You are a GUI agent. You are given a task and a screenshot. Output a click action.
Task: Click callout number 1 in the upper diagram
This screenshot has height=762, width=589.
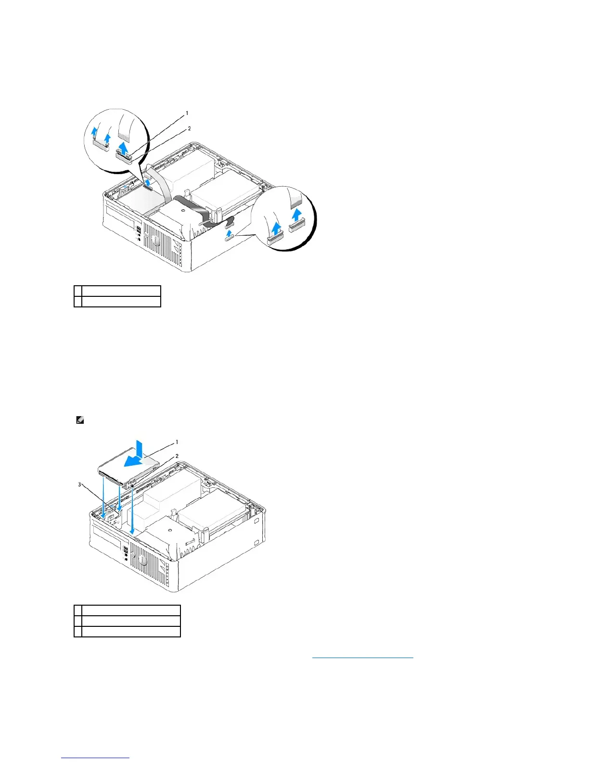click(x=187, y=114)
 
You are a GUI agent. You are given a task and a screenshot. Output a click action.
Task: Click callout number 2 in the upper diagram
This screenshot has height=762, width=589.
click(x=190, y=129)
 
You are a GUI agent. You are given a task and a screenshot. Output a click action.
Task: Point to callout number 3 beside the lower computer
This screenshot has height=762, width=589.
click(x=80, y=484)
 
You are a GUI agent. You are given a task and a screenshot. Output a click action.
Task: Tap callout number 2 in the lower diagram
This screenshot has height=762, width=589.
click(x=177, y=456)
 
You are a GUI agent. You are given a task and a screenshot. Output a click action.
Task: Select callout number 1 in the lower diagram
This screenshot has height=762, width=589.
click(x=177, y=442)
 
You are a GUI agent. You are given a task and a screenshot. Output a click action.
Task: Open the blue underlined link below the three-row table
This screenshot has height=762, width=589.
click(x=362, y=656)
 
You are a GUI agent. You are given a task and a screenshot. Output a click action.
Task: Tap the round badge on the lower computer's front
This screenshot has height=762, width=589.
click(x=142, y=561)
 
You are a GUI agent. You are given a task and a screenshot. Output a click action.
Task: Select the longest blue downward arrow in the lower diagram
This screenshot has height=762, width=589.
click(x=132, y=512)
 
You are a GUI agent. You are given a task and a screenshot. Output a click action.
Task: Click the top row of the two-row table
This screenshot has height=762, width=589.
click(x=117, y=291)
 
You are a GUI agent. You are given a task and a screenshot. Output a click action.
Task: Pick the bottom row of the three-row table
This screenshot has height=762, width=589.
click(x=127, y=631)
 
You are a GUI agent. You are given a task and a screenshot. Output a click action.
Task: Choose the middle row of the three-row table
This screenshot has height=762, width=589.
click(x=127, y=621)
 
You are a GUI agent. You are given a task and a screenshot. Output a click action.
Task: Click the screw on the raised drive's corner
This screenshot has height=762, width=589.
click(x=130, y=486)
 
